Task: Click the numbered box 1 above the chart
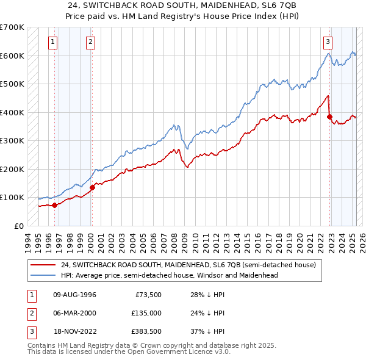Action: pos(53,42)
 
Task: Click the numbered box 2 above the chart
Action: pos(90,42)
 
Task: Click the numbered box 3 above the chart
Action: pos(328,42)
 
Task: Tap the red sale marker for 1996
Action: pos(54,205)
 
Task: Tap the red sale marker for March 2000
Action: pos(92,187)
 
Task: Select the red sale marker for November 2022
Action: pos(329,117)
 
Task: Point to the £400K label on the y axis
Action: pos(12,112)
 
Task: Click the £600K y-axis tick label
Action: pos(12,56)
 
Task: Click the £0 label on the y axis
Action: pos(19,226)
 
